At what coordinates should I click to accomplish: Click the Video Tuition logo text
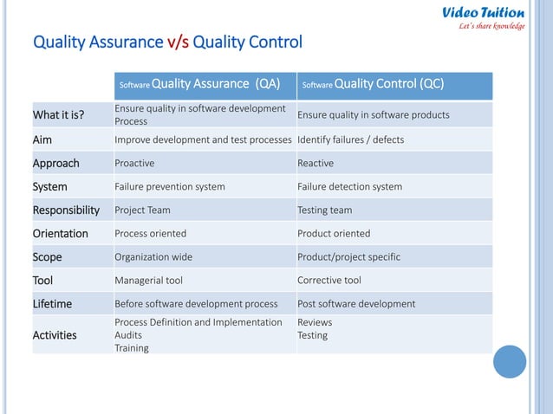pyautogui.click(x=483, y=13)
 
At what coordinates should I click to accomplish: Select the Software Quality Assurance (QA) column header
pyautogui.click(x=199, y=85)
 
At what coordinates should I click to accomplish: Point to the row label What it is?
pyautogui.click(x=58, y=115)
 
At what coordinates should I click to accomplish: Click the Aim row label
pyautogui.click(x=42, y=139)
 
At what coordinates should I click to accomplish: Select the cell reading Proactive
pyautogui.click(x=134, y=163)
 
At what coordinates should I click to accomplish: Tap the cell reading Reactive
pyautogui.click(x=315, y=163)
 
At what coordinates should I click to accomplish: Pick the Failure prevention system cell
pyautogui.click(x=169, y=186)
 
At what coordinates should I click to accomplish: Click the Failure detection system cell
pyautogui.click(x=349, y=186)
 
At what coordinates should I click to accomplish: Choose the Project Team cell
pyautogui.click(x=142, y=210)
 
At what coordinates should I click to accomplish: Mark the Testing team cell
pyautogui.click(x=324, y=210)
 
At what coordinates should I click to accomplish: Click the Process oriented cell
pyautogui.click(x=150, y=233)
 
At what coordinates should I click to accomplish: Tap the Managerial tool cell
pyautogui.click(x=148, y=281)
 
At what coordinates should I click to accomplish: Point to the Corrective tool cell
pyautogui.click(x=329, y=281)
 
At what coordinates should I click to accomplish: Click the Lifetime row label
pyautogui.click(x=52, y=304)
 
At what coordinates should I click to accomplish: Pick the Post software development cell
pyautogui.click(x=356, y=304)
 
